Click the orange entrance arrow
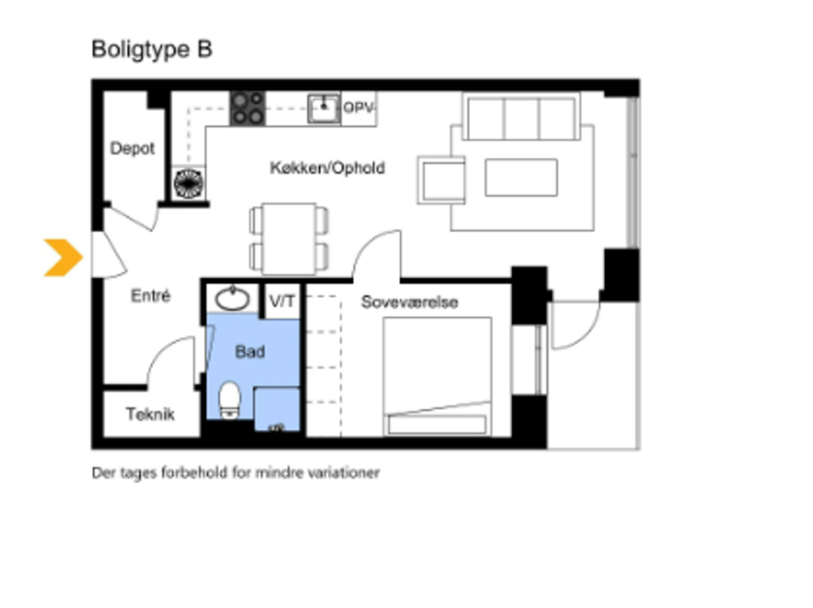63,257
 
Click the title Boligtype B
151,50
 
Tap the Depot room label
132,149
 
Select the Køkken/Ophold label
327,168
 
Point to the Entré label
150,296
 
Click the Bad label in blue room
250,353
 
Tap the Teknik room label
150,414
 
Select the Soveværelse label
410,302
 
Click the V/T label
282,302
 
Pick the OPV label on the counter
358,108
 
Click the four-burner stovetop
248,109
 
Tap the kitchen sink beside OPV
323,109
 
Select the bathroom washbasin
233,300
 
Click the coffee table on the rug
521,177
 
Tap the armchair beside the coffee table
441,180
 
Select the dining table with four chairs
289,238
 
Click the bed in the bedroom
437,375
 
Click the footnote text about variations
236,473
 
